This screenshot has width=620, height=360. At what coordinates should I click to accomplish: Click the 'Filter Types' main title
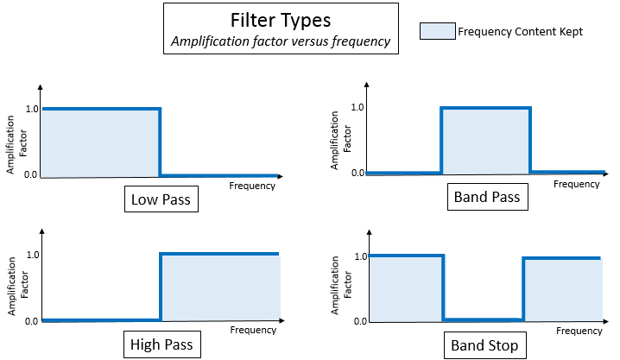280,20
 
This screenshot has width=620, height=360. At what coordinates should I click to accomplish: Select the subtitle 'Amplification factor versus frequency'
280,41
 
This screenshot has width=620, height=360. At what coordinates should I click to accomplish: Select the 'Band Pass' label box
486,198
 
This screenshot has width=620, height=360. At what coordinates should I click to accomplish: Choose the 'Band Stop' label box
485,345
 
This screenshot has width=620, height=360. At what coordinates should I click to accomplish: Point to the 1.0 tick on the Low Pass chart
32,109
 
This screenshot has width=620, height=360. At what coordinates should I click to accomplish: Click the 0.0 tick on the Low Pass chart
32,175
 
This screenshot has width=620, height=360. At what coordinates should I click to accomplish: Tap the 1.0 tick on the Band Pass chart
357,107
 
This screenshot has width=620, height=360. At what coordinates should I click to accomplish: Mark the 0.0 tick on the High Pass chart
32,321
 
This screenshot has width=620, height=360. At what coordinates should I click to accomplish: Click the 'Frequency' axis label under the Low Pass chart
252,186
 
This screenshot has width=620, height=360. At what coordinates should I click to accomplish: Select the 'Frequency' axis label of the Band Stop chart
577,331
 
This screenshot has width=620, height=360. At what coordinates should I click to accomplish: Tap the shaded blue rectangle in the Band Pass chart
485,140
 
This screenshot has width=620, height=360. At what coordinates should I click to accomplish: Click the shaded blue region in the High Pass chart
220,287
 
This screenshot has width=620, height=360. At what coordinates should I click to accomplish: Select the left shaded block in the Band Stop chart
405,287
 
